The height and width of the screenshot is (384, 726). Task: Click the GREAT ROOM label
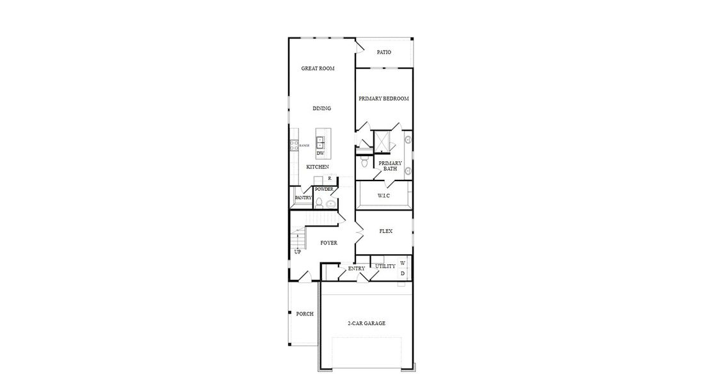pos(318,68)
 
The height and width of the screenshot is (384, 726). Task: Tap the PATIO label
pos(383,52)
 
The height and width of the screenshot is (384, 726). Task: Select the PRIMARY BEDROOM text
pos(383,99)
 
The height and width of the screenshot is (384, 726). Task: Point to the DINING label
pos(321,109)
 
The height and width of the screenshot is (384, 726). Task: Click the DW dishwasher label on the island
pos(320,154)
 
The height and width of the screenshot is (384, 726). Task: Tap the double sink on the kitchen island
pos(320,141)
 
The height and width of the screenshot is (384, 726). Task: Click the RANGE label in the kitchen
pos(304,146)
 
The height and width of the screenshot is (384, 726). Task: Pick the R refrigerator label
pos(329,179)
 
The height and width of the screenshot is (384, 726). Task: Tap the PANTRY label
pos(303,198)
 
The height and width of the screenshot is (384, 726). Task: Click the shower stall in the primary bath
pos(383,141)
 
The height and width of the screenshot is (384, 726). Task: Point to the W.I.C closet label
pos(383,195)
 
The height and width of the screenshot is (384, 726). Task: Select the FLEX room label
pos(385,231)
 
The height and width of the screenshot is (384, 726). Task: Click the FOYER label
pos(328,243)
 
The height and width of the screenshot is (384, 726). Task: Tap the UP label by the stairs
pos(297,252)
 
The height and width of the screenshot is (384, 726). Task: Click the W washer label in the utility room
pos(403,263)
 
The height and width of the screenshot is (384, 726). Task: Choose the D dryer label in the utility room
pos(403,274)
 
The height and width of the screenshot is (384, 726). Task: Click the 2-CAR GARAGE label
pos(366,324)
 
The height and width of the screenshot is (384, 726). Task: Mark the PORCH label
pos(304,314)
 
